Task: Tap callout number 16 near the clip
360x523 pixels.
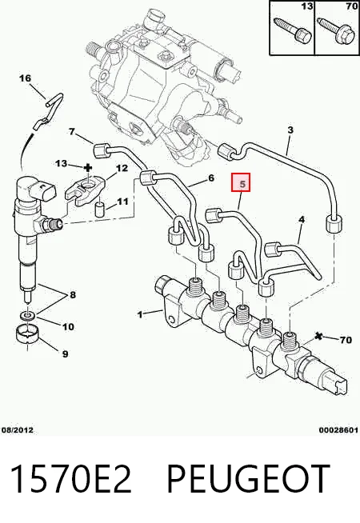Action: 25,78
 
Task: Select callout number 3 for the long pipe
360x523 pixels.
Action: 290,130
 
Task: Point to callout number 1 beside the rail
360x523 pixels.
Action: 140,314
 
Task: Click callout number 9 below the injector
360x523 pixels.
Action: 65,353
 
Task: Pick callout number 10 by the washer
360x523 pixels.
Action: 68,326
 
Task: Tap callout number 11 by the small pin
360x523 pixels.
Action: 122,202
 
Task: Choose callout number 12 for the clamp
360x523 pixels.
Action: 122,168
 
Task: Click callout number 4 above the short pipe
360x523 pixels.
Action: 302,219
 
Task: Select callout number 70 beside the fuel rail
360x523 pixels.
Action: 346,340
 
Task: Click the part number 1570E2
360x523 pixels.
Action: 70,479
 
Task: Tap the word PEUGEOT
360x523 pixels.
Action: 248,479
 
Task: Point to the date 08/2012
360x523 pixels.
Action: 18,430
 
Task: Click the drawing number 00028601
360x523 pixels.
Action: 338,430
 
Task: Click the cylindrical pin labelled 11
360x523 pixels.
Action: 99,209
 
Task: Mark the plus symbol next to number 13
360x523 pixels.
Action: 88,167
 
